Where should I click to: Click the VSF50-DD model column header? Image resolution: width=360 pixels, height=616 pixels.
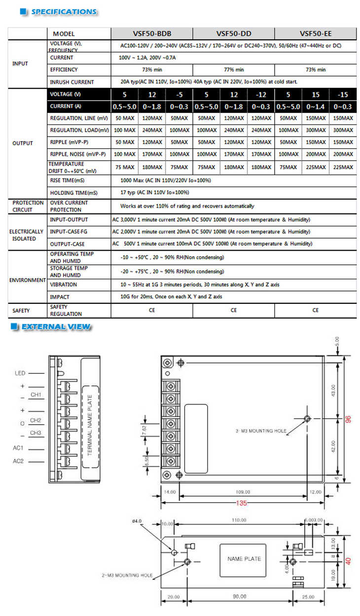pos(234,34)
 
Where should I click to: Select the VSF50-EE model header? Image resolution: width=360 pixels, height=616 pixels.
pos(316,34)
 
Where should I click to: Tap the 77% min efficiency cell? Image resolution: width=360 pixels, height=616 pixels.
pos(234,70)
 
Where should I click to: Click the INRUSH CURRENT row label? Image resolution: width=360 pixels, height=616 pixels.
pos(72,82)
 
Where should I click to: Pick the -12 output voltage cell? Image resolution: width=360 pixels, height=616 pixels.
pos(261,94)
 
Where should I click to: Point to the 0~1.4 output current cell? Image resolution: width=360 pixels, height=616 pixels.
pos(316,107)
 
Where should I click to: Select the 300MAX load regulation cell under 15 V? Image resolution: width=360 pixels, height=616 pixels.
pos(316,130)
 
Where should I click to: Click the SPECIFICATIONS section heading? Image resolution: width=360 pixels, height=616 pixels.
pos(64,11)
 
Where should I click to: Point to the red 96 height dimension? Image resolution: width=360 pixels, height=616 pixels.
pos(348,420)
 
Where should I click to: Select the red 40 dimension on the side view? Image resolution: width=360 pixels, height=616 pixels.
pos(348,561)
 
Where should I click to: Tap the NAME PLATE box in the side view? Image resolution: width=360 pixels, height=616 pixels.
pos(244,559)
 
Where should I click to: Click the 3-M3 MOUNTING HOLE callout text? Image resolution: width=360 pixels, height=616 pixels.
pos(261,431)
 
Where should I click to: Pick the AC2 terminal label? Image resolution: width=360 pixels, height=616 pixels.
pos(19,462)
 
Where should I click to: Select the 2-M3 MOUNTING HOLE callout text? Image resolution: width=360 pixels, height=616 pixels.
pos(128,576)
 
